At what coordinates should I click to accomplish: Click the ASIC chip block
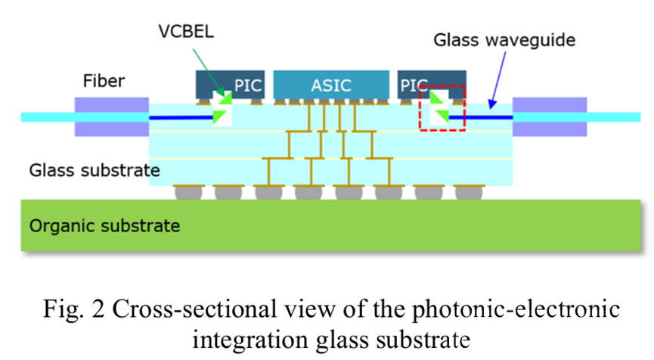click(x=332, y=84)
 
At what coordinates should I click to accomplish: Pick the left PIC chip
click(x=225, y=83)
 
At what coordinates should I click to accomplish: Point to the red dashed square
click(x=442, y=107)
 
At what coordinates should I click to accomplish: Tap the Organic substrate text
click(x=104, y=225)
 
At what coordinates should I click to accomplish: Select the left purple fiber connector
click(x=111, y=116)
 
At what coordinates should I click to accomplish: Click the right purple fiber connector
click(x=549, y=116)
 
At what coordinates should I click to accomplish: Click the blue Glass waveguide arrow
click(x=485, y=83)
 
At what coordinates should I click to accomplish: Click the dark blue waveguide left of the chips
click(x=181, y=117)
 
